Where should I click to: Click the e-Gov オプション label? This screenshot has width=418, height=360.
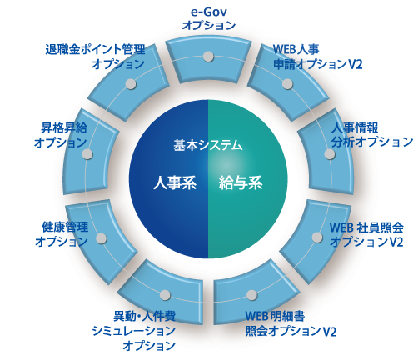pos(209,18)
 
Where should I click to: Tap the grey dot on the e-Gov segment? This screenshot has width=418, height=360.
pos(208,57)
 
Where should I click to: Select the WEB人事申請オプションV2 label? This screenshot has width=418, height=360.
pos(317,57)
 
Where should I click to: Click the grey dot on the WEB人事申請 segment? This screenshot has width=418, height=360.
pos(287,83)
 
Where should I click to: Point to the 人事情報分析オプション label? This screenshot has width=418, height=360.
pos(372,135)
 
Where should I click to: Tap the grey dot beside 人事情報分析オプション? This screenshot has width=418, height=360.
pos(330,154)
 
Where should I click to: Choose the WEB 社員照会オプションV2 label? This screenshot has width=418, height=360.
pos(366,235)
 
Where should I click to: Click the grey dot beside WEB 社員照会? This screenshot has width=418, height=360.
pos(317,237)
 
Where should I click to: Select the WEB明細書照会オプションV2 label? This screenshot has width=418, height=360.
pos(291,323)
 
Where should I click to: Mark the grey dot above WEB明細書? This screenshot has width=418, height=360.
pos(251,295)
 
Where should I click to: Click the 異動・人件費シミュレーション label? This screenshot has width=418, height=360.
pos(134,323)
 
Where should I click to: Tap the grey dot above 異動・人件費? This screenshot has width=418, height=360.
pos(165,295)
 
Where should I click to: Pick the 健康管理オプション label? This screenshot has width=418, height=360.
pos(62,234)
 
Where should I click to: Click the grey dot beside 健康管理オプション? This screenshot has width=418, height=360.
pos(102,238)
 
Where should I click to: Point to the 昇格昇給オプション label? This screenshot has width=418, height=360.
pos(61,135)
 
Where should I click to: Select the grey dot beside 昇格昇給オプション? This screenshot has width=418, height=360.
pos(87,154)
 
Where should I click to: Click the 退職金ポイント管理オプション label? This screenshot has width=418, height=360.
pos(95,57)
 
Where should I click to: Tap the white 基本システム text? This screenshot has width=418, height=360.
pos(208,145)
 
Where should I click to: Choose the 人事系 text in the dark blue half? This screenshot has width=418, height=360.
pos(175,182)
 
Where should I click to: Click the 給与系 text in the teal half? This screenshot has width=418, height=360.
pos(241,182)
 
